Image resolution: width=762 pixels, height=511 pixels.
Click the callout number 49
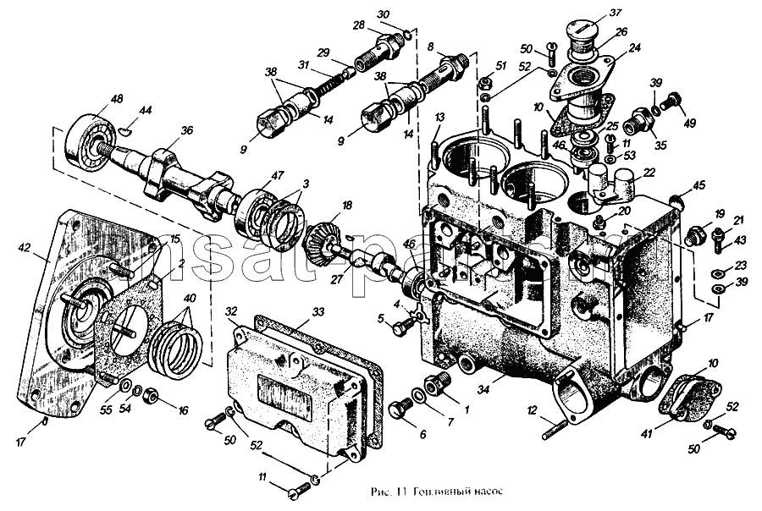tap(691, 123)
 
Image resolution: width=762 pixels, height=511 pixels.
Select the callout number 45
tap(698, 185)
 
